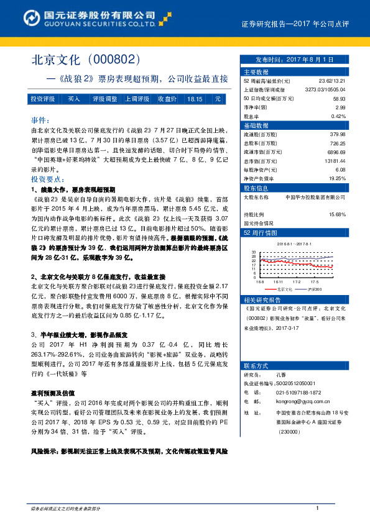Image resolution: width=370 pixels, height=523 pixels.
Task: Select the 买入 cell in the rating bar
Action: [x=73, y=99]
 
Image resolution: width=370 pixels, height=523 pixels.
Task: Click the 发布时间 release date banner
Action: [x=294, y=60]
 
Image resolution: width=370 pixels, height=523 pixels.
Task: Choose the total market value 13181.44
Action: [x=333, y=160]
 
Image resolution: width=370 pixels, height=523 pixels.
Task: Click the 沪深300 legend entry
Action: [x=317, y=289]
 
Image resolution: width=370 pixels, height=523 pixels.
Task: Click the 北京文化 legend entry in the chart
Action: [x=285, y=289]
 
